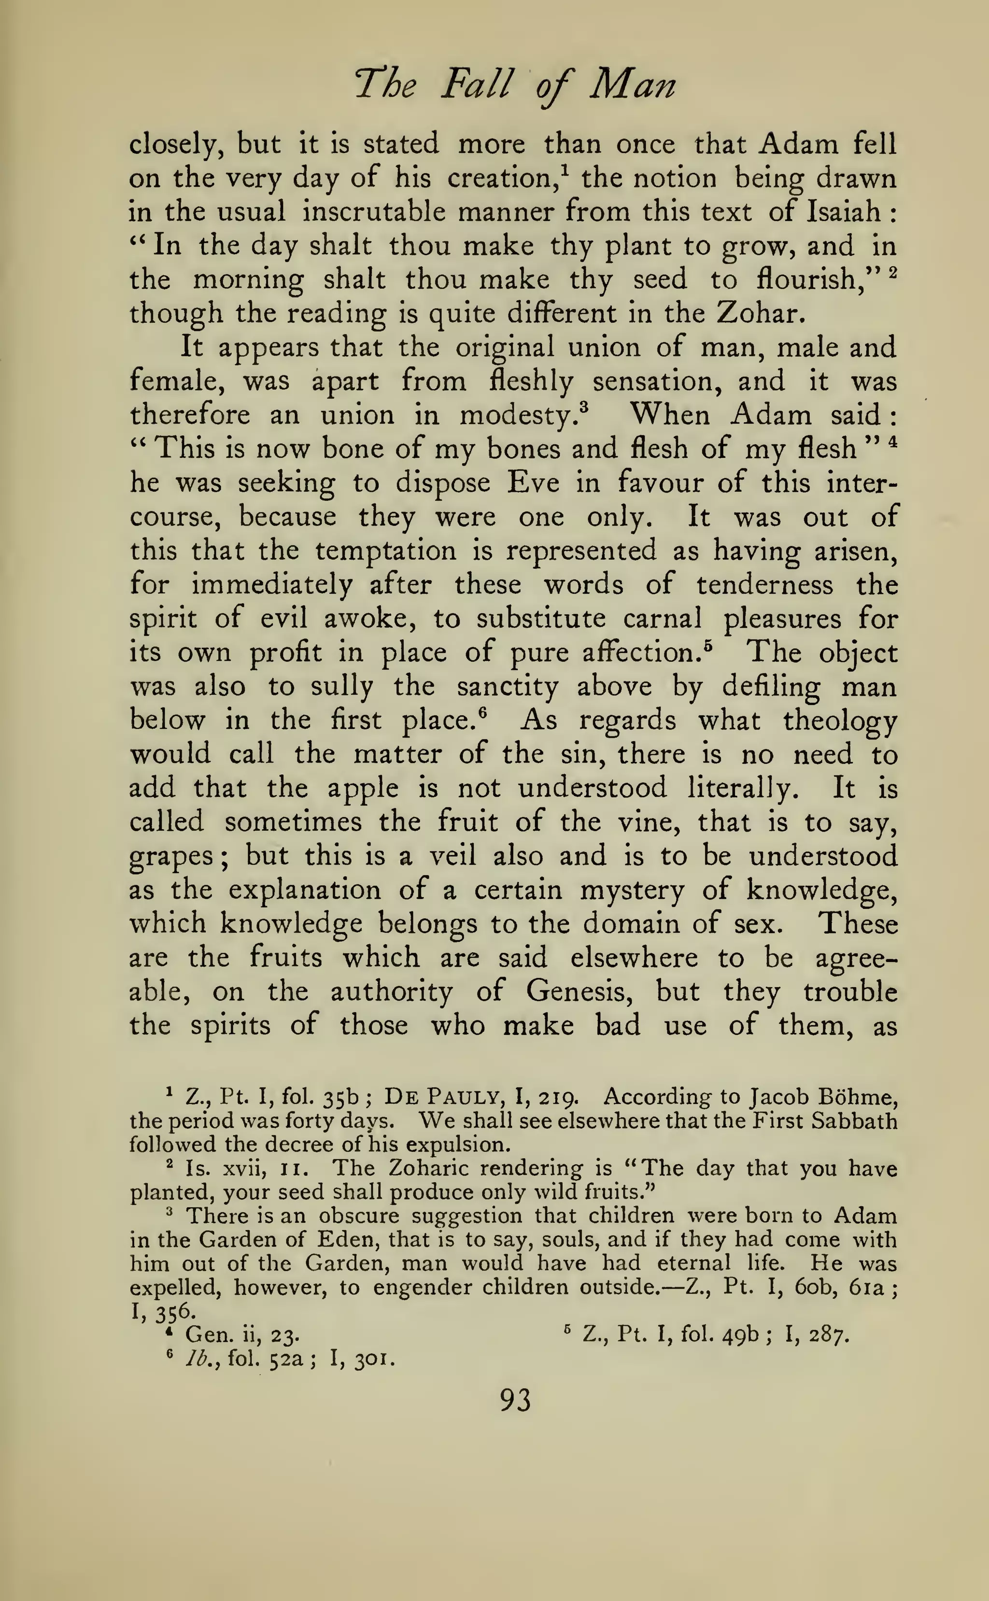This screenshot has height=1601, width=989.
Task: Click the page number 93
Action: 515,1400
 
